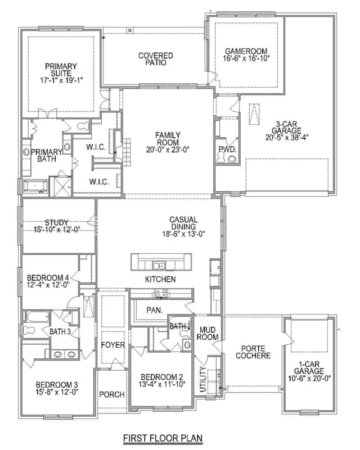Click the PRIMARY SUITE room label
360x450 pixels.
point(61,70)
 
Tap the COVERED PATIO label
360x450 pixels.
point(156,59)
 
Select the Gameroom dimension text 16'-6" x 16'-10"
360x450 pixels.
point(246,58)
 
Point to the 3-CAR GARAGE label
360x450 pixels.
point(286,127)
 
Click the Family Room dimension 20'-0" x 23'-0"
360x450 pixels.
point(168,150)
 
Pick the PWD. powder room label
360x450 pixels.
point(227,149)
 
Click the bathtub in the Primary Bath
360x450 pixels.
point(35,186)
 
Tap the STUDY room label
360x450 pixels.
point(57,222)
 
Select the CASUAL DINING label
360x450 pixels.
point(183,223)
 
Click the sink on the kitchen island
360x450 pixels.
point(159,266)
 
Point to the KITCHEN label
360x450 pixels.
point(160,279)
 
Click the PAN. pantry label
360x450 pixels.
point(155,310)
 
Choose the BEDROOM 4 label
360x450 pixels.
point(48,278)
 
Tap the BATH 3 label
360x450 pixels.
point(60,332)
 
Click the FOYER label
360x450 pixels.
point(113,345)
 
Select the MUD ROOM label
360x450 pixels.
point(207,334)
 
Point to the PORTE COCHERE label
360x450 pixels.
point(253,352)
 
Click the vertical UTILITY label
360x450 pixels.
point(203,379)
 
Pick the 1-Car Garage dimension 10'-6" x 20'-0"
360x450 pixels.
point(309,378)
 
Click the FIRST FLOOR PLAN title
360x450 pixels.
point(163,438)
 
